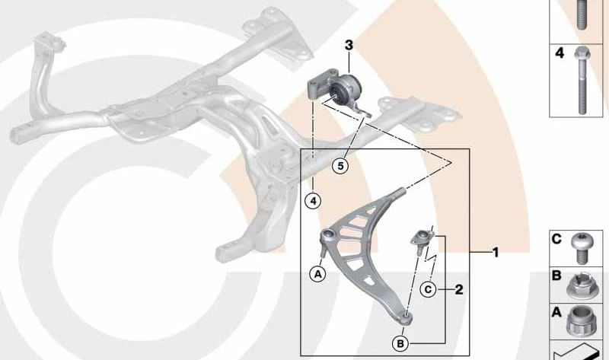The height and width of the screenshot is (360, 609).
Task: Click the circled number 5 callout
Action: (x=340, y=166)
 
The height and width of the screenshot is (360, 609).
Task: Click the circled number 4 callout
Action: (x=313, y=201)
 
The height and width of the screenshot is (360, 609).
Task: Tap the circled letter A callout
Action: (x=317, y=275)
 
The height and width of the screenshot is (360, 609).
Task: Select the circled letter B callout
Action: (x=400, y=344)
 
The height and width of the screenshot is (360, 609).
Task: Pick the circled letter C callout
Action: (x=428, y=289)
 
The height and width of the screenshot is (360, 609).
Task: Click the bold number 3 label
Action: (x=349, y=46)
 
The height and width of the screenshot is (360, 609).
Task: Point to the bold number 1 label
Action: (x=496, y=253)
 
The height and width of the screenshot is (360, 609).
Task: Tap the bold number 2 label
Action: (x=459, y=289)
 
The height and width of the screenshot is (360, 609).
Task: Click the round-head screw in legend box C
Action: (x=581, y=247)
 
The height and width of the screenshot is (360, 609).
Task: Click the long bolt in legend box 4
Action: (x=581, y=81)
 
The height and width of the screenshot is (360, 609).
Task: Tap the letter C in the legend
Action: (x=556, y=239)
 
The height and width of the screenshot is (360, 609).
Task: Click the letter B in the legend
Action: (x=556, y=276)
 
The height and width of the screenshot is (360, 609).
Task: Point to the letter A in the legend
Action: (x=556, y=312)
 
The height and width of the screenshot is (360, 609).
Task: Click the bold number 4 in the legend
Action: (x=560, y=53)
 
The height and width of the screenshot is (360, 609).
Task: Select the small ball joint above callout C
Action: (x=420, y=241)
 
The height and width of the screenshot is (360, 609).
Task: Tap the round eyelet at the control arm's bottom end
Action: (x=407, y=318)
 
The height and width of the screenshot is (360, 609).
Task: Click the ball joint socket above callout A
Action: (x=328, y=235)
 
